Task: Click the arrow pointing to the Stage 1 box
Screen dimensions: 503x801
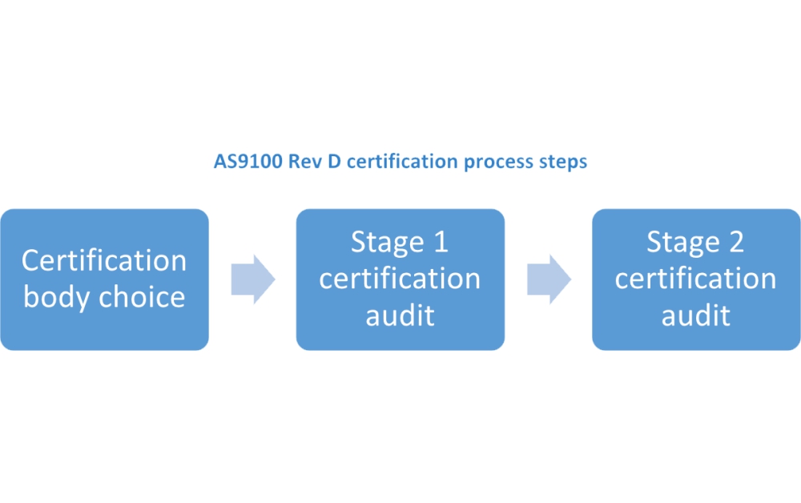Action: tap(252, 280)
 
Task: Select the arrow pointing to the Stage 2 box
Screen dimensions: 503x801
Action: tap(549, 280)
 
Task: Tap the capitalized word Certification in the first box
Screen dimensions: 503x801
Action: tap(104, 260)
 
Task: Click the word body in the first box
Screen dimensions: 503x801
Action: tap(57, 297)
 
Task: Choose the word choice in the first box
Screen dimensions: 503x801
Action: tap(142, 297)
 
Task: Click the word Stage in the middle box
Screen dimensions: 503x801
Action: tap(387, 242)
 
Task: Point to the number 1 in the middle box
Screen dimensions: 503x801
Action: tap(440, 242)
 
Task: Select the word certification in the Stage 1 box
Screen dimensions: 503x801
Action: tap(400, 279)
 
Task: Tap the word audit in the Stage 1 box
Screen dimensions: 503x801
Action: tap(400, 315)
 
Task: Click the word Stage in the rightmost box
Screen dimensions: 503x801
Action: tap(682, 242)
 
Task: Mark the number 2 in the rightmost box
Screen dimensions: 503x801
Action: tap(735, 242)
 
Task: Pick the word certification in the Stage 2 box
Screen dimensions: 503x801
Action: tap(696, 279)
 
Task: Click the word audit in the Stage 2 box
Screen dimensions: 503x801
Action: tap(696, 315)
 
